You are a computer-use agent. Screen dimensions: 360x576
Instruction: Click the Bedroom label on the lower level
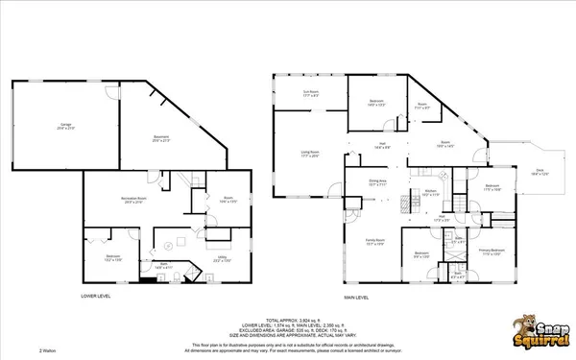point(112,258)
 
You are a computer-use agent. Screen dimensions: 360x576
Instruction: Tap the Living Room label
point(309,154)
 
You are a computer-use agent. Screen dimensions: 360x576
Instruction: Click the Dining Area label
point(377,181)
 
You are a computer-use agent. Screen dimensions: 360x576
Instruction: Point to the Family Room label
point(374,243)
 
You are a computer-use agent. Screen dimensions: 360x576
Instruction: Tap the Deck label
point(540,173)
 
